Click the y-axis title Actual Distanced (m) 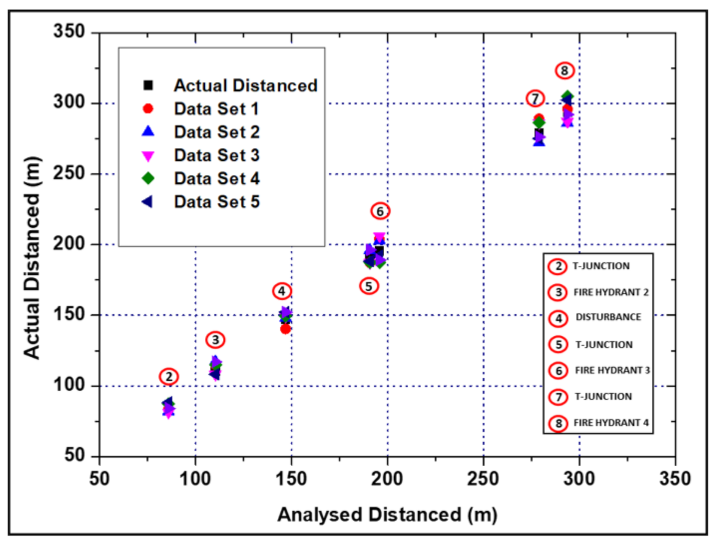(32, 258)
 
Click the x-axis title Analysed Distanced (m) (387, 515)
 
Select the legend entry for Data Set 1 (216, 109)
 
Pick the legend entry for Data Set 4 (217, 179)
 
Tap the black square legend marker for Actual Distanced (148, 85)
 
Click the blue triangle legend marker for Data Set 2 (148, 131)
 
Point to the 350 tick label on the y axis (69, 32)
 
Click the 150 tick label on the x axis (291, 478)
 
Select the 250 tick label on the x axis (483, 478)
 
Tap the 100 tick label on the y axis (69, 385)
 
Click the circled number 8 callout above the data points (564, 71)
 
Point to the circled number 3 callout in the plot (215, 340)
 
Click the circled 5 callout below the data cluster (369, 287)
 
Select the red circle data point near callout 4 (285, 329)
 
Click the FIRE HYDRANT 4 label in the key (611, 423)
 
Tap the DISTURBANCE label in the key (608, 317)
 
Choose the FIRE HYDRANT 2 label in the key (611, 292)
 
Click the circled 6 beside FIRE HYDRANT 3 (558, 371)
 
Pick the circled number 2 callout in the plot (169, 377)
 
